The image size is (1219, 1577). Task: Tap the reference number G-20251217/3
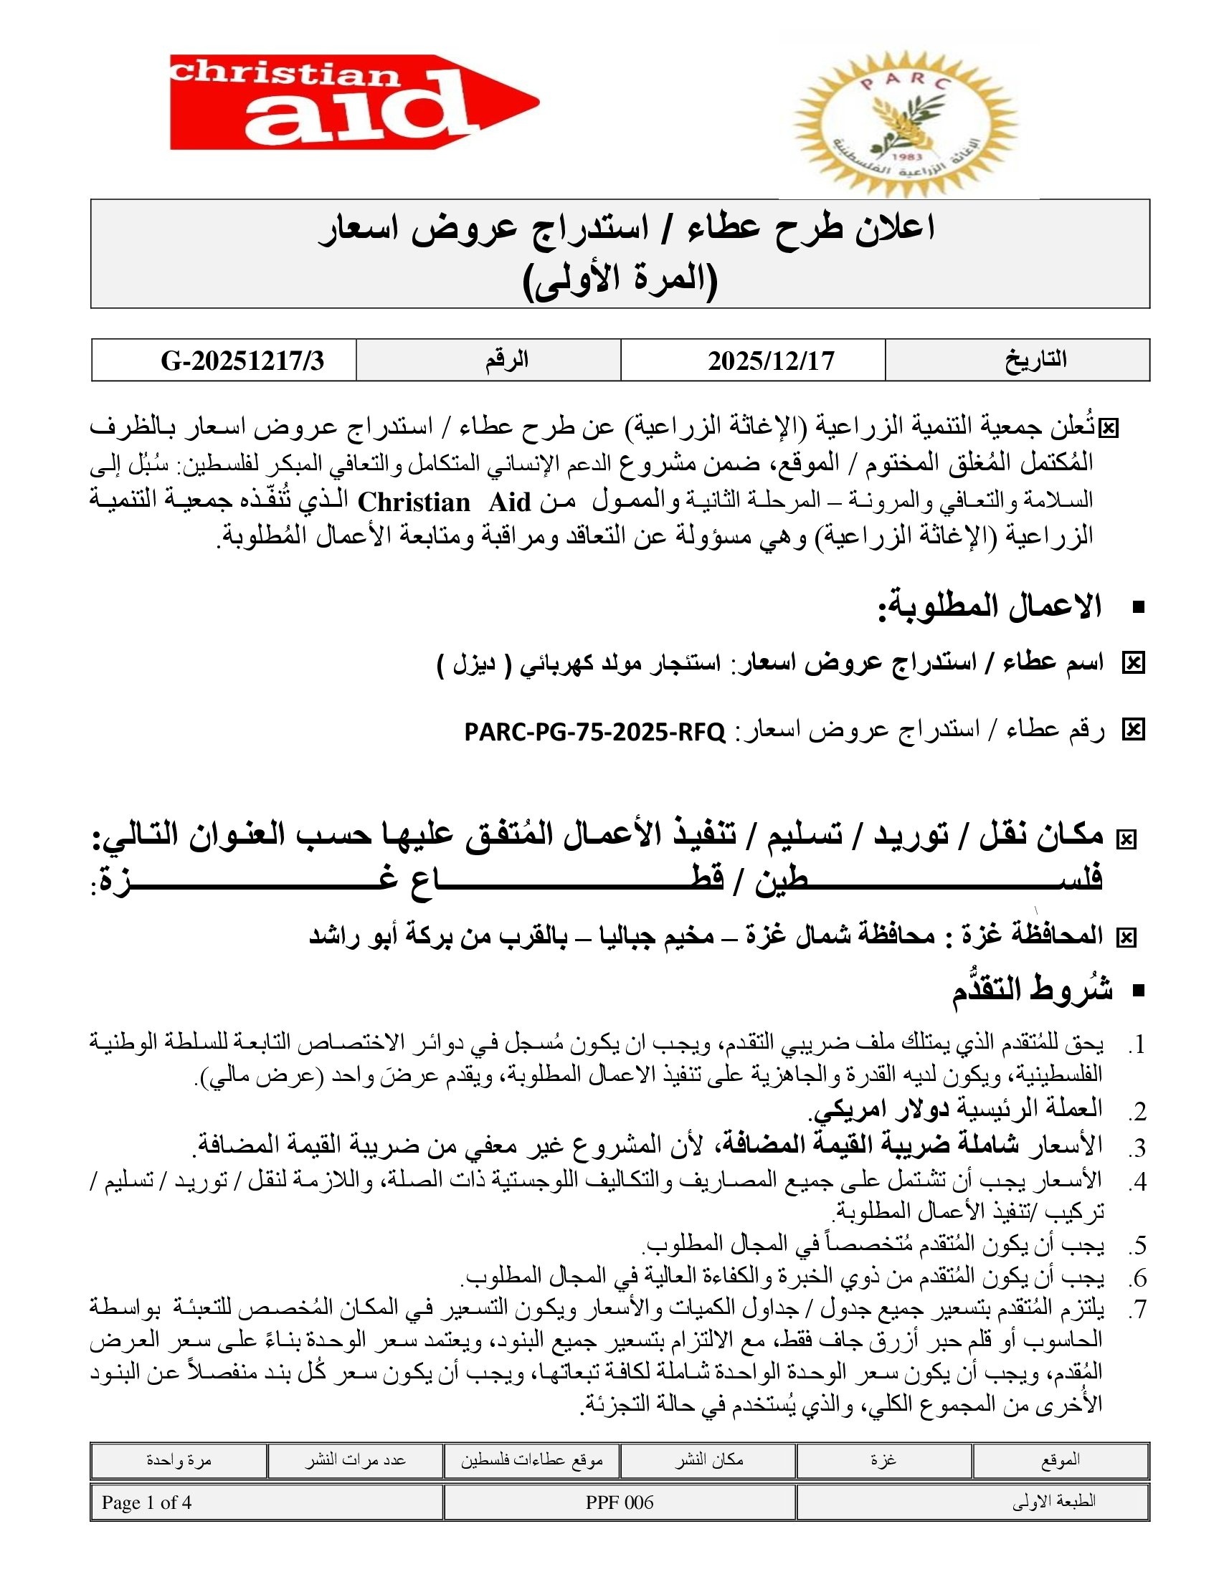pyautogui.click(x=242, y=361)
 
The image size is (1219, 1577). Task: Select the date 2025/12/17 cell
pyautogui.click(x=771, y=361)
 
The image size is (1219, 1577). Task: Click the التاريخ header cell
pyautogui.click(x=1035, y=361)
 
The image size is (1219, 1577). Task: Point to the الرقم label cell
pyautogui.click(x=506, y=361)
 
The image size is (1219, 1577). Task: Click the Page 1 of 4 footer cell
pyautogui.click(x=146, y=1502)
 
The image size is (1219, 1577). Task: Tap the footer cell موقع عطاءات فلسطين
pyautogui.click(x=531, y=1460)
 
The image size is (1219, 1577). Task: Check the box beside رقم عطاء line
pyautogui.click(x=1133, y=730)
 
